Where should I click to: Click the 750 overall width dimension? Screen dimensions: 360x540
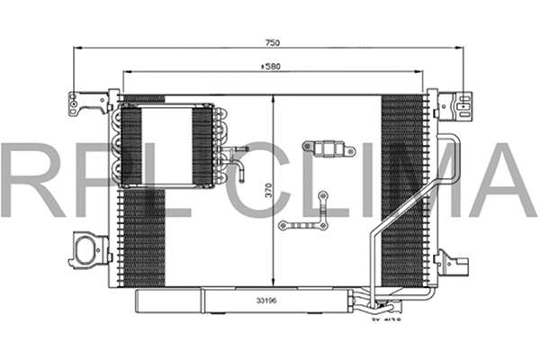[270, 41]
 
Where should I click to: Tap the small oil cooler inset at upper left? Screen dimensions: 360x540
[164, 145]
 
